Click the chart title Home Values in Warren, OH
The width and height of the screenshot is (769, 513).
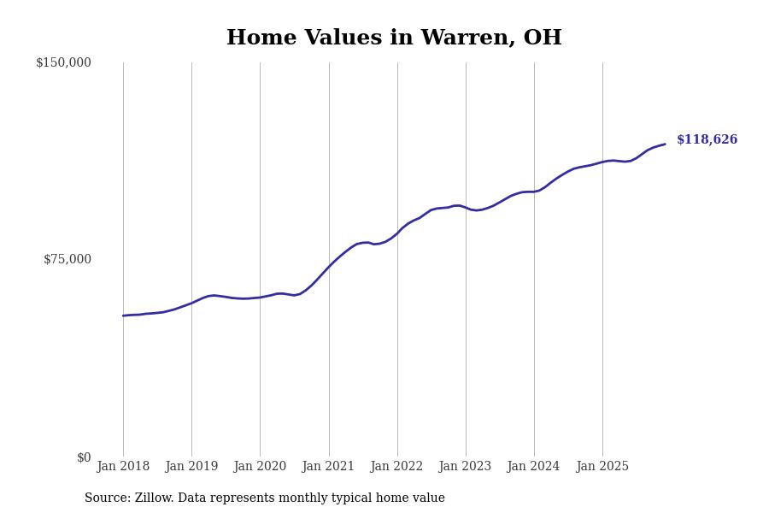click(x=394, y=38)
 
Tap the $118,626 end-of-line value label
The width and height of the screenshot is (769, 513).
click(x=707, y=139)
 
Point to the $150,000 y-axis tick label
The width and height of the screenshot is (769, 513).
click(x=63, y=62)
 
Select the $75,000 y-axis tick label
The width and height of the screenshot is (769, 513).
click(x=68, y=259)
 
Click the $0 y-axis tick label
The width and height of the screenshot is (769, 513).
click(x=84, y=457)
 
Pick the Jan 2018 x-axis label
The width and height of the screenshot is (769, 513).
click(x=123, y=466)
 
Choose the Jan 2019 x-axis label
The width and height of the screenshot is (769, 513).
click(x=191, y=466)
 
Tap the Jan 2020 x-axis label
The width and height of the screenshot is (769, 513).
click(x=260, y=466)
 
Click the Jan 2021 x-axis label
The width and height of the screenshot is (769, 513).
click(x=328, y=466)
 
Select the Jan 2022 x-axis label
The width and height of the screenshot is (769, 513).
click(x=396, y=466)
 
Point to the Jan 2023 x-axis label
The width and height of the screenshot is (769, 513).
click(x=465, y=466)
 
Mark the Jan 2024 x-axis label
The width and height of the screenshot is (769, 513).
click(x=533, y=466)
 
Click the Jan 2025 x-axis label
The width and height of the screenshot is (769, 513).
click(x=602, y=466)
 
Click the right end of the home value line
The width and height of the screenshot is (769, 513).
click(x=665, y=144)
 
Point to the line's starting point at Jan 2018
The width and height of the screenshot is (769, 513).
click(x=123, y=315)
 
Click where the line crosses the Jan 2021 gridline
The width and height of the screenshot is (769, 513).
click(x=329, y=266)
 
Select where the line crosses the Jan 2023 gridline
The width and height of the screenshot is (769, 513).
click(x=466, y=208)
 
